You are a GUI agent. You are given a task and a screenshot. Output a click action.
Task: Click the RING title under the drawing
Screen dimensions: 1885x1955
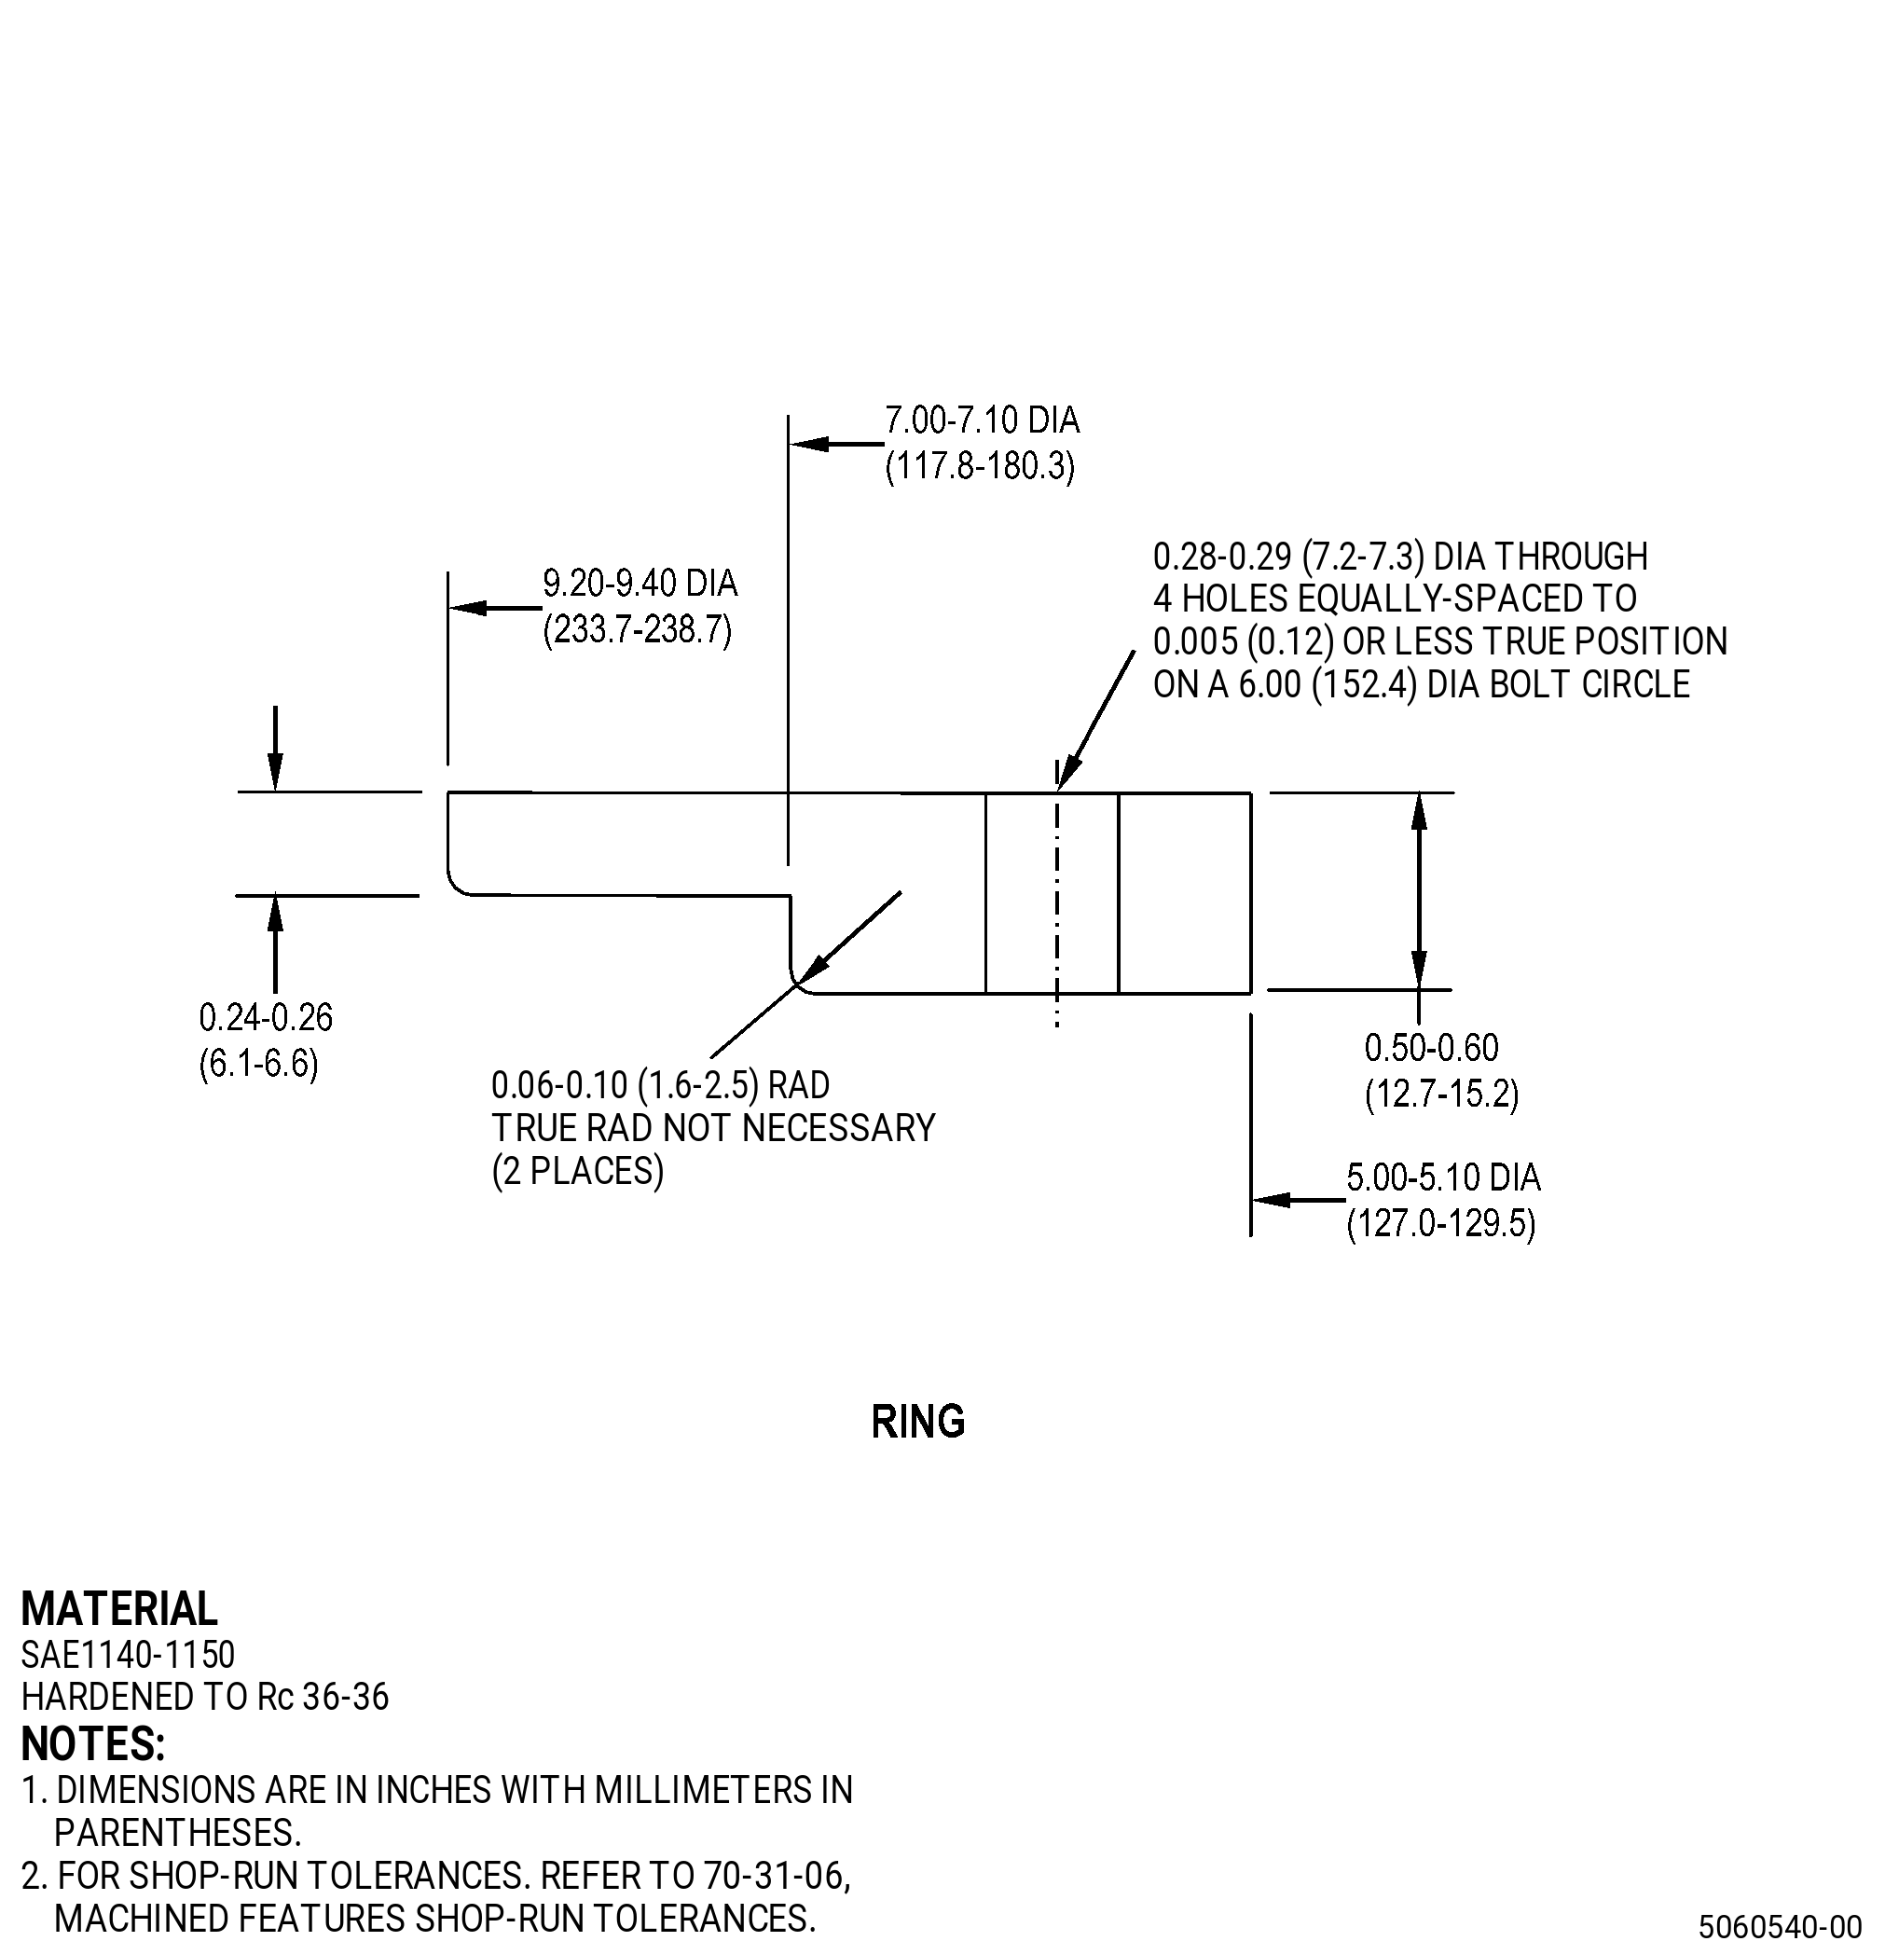click(917, 1423)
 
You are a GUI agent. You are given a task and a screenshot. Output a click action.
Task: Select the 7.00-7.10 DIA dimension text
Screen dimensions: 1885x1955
click(983, 420)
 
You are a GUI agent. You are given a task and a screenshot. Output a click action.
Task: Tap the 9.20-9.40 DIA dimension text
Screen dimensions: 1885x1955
click(640, 583)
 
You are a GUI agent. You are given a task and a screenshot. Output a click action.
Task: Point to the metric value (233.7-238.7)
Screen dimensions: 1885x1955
click(638, 629)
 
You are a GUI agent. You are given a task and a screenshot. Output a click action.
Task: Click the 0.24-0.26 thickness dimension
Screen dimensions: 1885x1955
click(267, 1017)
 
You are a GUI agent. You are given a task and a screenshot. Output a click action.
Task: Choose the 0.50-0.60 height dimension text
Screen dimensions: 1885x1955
click(1431, 1047)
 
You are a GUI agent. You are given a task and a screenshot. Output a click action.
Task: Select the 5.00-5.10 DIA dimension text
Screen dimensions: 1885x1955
click(1443, 1178)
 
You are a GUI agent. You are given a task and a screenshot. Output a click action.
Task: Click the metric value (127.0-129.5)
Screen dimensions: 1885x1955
click(1441, 1224)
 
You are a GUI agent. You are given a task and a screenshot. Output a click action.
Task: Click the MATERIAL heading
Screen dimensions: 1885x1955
click(118, 1609)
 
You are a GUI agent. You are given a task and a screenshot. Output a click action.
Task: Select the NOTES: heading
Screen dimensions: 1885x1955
click(92, 1743)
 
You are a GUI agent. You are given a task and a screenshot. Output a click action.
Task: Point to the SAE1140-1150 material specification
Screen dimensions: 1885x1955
click(128, 1655)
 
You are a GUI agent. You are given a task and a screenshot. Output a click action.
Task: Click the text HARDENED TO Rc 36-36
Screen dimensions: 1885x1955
click(204, 1697)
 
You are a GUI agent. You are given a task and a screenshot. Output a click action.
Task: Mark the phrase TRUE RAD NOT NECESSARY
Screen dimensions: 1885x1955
click(713, 1128)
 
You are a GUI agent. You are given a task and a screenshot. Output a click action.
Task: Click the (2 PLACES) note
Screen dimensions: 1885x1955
click(577, 1171)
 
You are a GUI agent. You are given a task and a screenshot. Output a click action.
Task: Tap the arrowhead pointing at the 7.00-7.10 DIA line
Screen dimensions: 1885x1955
click(810, 443)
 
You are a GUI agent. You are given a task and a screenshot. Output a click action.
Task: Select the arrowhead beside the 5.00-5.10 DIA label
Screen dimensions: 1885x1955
click(1273, 1199)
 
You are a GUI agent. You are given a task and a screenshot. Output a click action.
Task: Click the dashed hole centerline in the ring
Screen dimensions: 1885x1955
click(1057, 894)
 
